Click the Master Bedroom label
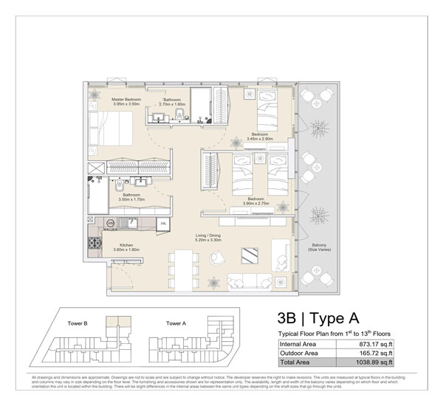(126, 99)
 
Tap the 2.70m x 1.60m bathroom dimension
(174, 105)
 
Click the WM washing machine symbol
(110, 222)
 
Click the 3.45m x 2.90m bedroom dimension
(261, 139)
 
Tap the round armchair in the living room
(217, 256)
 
